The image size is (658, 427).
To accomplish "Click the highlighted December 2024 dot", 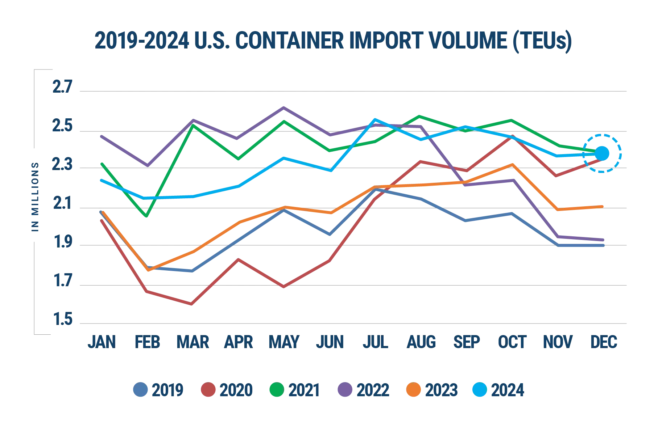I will click(x=602, y=153).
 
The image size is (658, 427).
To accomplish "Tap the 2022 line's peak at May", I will click(x=284, y=107).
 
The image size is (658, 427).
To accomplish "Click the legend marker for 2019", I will click(x=140, y=390).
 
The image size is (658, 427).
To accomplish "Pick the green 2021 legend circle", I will click(x=276, y=390).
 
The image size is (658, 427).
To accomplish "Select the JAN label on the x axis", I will click(x=102, y=342).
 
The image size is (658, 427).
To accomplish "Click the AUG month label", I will click(x=421, y=342).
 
